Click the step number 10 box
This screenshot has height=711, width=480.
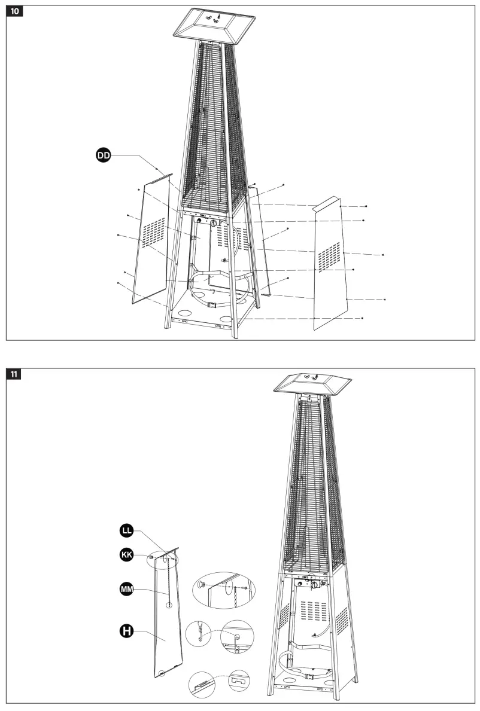click(x=14, y=12)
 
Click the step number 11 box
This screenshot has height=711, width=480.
click(x=14, y=374)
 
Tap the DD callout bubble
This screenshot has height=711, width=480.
click(x=104, y=155)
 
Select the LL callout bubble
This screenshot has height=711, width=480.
click(x=126, y=530)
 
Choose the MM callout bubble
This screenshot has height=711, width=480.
click(x=126, y=590)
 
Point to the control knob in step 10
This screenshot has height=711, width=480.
click(x=212, y=223)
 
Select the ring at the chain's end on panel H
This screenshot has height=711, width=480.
click(x=169, y=606)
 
